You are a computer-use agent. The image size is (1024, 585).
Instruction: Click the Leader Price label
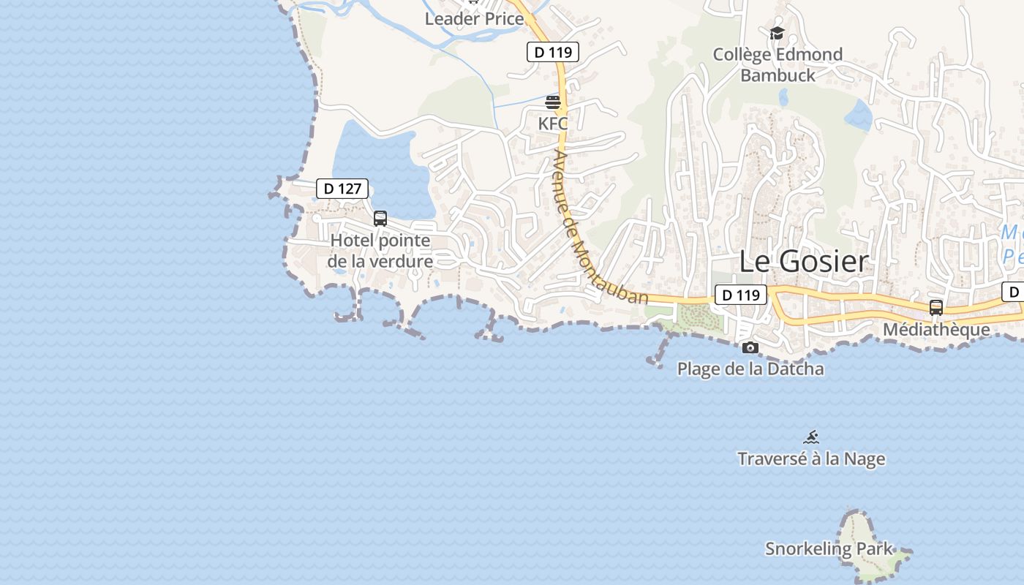(474, 19)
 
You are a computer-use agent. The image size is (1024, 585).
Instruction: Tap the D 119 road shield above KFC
(553, 52)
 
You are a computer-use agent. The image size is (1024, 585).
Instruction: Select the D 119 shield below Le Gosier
(740, 295)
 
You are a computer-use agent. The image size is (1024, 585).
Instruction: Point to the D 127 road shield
(342, 189)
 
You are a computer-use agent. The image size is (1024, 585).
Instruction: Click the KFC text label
(553, 124)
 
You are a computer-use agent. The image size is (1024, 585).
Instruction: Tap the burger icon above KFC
(553, 102)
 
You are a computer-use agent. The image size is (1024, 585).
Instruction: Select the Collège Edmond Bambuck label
(778, 64)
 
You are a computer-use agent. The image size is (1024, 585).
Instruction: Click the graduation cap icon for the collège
(777, 34)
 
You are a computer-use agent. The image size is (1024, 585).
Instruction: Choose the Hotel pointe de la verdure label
(380, 251)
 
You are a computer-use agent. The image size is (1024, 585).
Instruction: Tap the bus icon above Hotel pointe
(380, 218)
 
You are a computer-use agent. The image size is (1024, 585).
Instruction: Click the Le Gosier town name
(803, 261)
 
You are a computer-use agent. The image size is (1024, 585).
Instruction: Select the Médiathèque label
(936, 330)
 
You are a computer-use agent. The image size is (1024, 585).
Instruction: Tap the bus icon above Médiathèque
(936, 307)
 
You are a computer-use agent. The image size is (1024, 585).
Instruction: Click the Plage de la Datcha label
(750, 369)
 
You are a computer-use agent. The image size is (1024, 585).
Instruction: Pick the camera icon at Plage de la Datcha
(750, 347)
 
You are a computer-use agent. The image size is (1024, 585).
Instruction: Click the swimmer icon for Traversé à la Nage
(811, 437)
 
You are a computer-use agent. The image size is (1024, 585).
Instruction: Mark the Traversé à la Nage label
(811, 459)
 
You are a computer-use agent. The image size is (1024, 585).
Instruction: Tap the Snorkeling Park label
(829, 548)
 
